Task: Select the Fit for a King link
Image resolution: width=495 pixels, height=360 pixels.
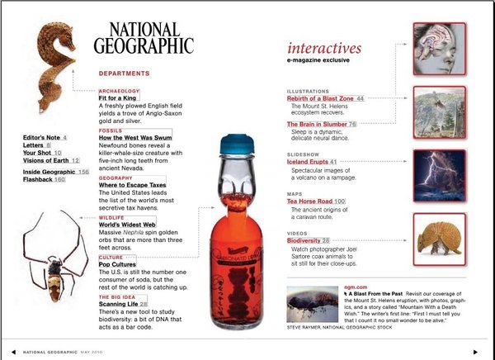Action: point(119,98)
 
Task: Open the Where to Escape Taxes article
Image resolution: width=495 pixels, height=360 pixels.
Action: point(133,185)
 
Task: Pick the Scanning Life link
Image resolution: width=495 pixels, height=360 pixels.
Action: point(118,304)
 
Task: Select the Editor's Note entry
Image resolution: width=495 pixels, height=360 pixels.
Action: point(41,137)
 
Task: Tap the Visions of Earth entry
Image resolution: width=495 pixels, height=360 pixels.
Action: point(46,160)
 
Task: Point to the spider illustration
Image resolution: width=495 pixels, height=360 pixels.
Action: point(54,256)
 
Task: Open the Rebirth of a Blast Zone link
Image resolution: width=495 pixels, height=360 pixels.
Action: point(320,98)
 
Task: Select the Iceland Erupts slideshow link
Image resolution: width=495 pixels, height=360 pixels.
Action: point(307,163)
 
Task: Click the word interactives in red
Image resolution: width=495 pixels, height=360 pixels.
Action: point(324,47)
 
